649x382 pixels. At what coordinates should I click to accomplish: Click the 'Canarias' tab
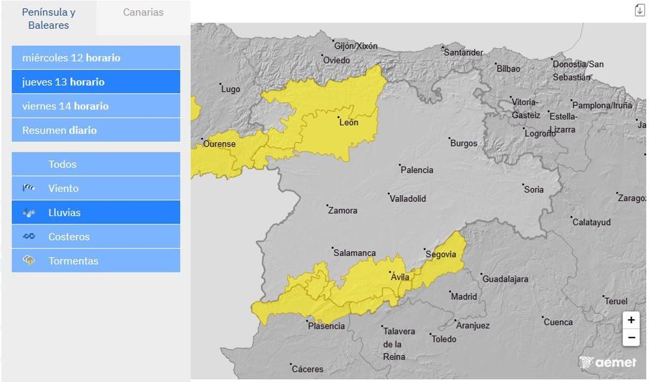[x=143, y=12]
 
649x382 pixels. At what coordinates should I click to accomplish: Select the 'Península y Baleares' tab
[x=49, y=18]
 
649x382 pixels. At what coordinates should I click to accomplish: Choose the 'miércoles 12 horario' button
[x=96, y=58]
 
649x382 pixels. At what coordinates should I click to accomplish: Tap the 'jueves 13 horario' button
[x=96, y=82]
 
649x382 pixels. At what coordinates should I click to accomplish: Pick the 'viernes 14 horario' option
[x=96, y=106]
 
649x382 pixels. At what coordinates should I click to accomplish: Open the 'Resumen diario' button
[x=96, y=130]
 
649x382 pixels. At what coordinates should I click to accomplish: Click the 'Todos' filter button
[x=96, y=164]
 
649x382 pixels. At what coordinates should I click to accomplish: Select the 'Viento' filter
[x=96, y=188]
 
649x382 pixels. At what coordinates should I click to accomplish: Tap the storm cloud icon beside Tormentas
[x=29, y=261]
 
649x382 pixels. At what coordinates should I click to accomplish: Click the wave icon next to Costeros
[x=29, y=236]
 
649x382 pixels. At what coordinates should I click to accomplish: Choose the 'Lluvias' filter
[x=96, y=213]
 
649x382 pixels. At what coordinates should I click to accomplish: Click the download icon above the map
[x=639, y=10]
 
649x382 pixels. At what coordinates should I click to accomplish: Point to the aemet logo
[x=607, y=363]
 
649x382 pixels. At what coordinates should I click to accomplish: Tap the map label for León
[x=348, y=123]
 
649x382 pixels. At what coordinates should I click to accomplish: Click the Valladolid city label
[x=408, y=199]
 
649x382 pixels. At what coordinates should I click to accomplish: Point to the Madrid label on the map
[x=464, y=297]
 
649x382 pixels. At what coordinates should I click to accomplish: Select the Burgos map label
[x=463, y=143]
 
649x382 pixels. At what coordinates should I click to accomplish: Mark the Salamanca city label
[x=354, y=253]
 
